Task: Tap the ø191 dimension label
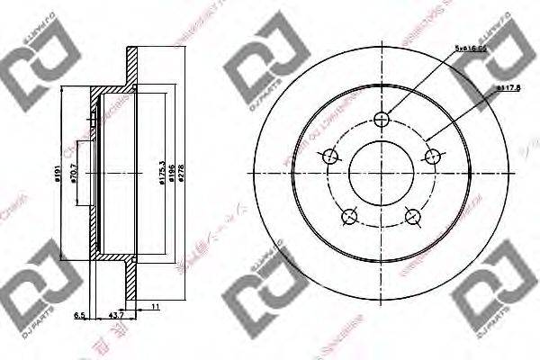tap(55, 168)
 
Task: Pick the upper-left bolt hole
tap(330, 156)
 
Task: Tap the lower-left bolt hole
tap(350, 216)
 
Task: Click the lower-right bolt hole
tap(414, 216)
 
